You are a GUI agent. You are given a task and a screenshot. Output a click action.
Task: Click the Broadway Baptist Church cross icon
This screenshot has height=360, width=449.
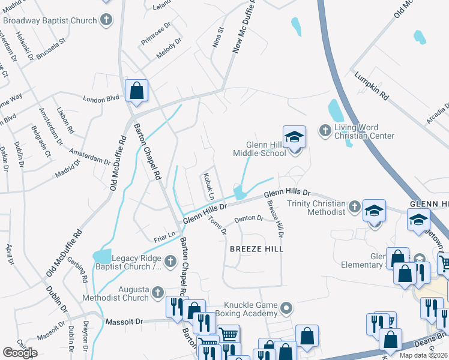coord(106,20)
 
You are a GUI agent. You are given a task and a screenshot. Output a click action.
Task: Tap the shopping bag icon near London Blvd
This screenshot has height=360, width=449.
coord(136,91)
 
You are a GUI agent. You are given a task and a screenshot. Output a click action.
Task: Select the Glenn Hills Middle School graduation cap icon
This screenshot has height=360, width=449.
coord(294,137)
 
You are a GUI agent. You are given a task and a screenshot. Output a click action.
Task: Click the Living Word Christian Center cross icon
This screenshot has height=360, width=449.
coord(325,130)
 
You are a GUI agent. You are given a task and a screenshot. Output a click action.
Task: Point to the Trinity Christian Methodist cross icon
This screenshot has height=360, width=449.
coord(355,207)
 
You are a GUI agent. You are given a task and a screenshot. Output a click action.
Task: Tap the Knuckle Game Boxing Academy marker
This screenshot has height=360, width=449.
coord(286,308)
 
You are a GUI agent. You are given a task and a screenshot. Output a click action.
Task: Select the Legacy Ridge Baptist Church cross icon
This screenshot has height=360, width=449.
coord(169,260)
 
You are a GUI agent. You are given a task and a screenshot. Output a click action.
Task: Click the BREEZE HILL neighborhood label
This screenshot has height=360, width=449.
coord(256,248)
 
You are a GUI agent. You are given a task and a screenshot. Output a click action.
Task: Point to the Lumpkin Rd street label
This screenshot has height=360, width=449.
coord(372,88)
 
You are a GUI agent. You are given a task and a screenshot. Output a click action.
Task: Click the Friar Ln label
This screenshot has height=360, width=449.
coord(164,235)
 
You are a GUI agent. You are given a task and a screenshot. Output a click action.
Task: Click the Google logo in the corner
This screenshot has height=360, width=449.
coord(20,353)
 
